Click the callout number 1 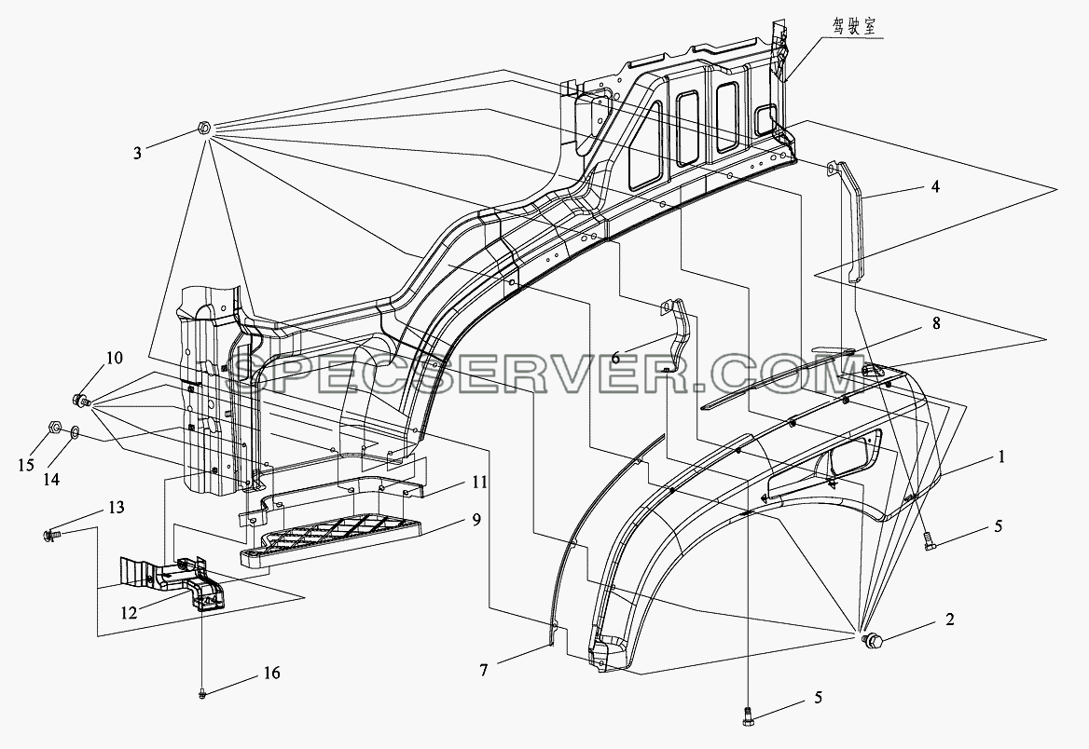(1001, 457)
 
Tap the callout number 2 (949, 619)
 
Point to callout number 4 (935, 186)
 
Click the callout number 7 (483, 670)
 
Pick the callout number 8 (936, 323)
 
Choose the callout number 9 (476, 519)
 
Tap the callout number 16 (272, 673)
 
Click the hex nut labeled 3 (204, 127)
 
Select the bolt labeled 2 (870, 642)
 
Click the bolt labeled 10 (80, 400)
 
